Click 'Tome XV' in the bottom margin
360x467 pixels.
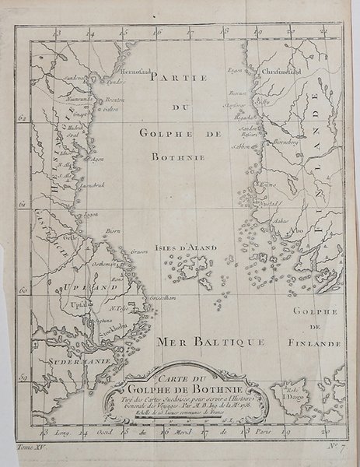pos(28,448)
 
